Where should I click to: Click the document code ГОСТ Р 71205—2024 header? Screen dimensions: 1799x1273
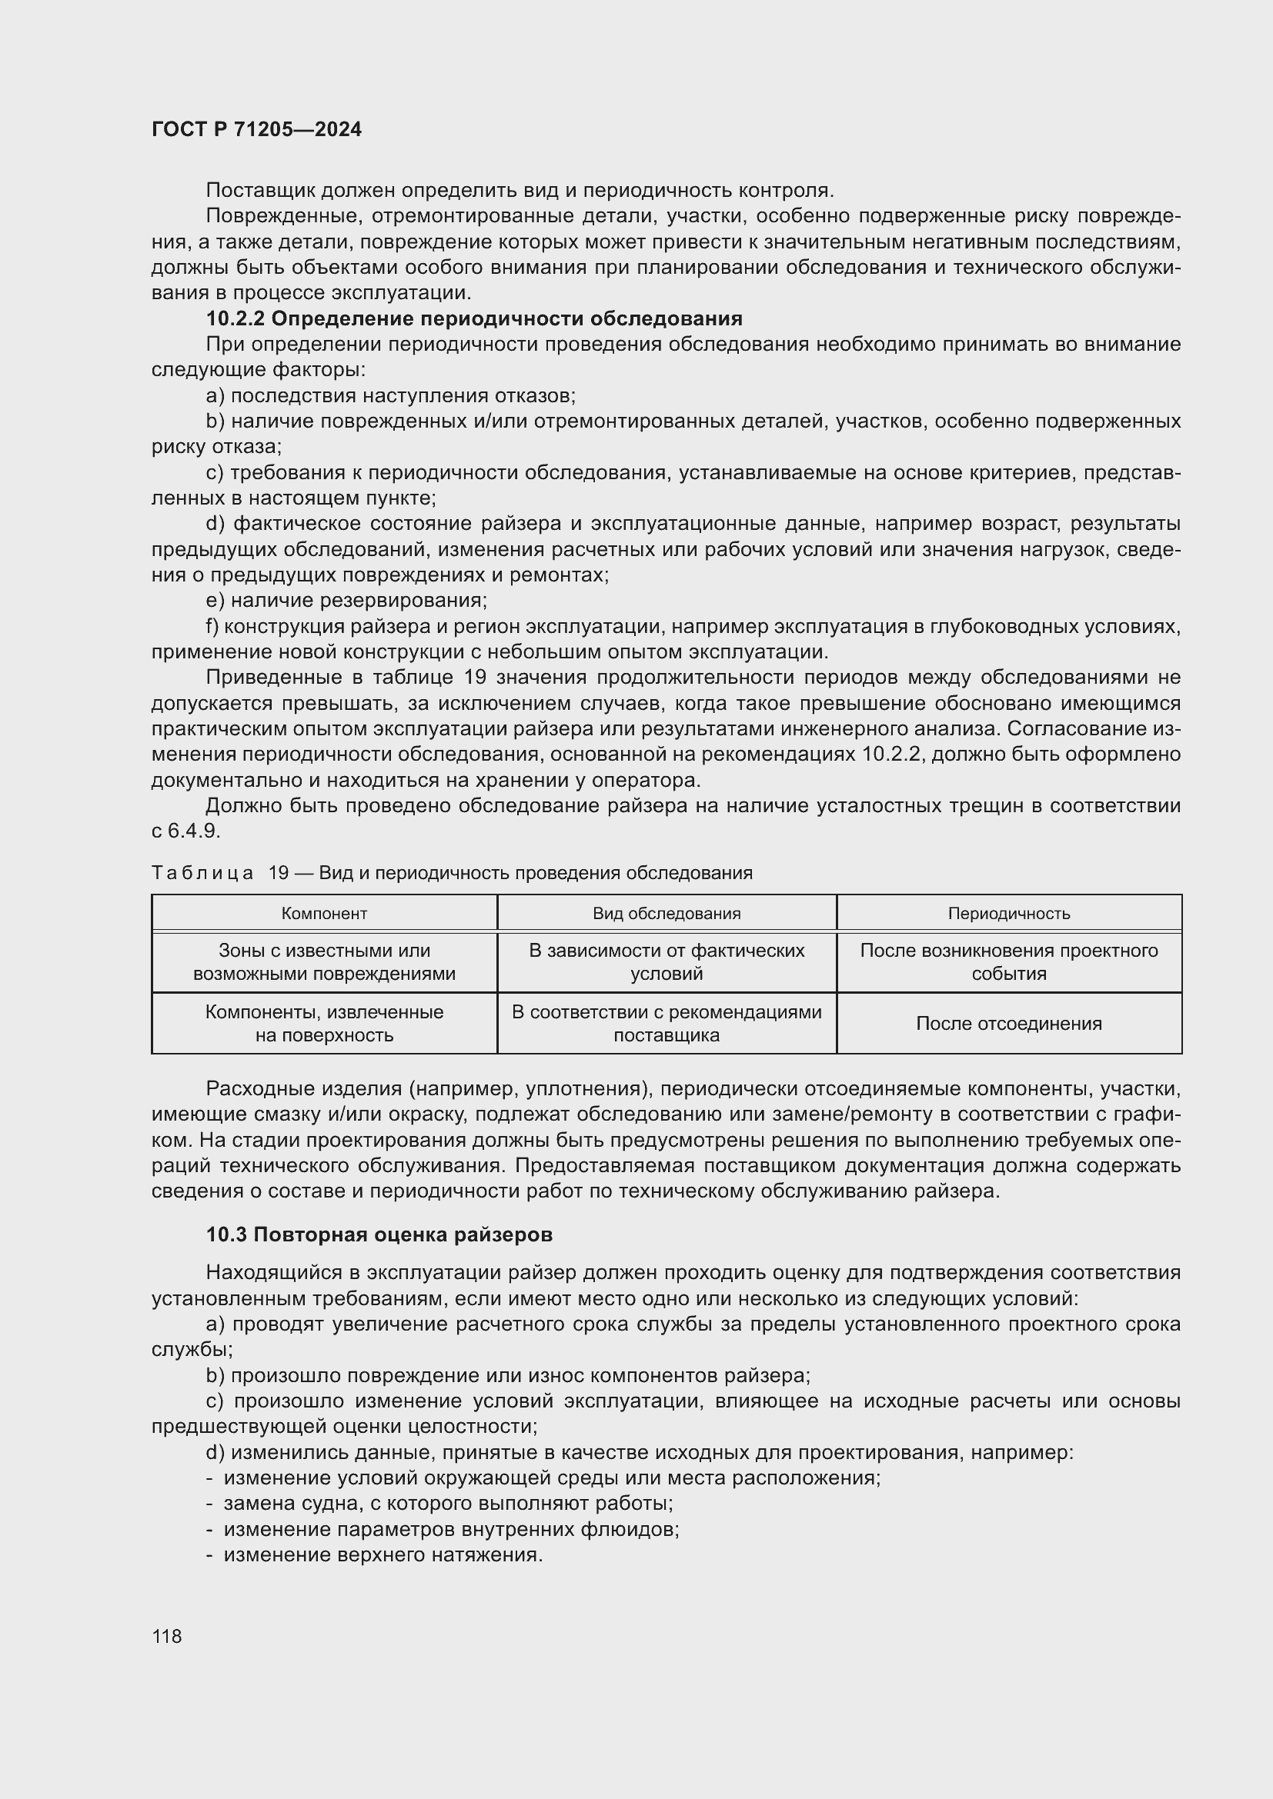click(x=256, y=130)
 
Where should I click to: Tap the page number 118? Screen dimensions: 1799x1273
click(x=166, y=1636)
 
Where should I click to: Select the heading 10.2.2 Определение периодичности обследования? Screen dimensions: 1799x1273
click(x=473, y=319)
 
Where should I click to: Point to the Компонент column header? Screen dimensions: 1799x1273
click(x=324, y=914)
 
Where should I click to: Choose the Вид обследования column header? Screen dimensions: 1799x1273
click(x=667, y=914)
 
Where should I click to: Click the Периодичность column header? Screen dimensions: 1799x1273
click(x=1009, y=914)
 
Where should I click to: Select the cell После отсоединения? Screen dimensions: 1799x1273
click(x=1009, y=1023)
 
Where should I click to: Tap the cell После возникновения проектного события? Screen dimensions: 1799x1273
click(x=1009, y=962)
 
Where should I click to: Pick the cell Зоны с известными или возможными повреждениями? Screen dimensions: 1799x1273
click(x=324, y=962)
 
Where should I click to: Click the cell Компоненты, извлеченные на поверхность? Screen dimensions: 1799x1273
click(x=324, y=1023)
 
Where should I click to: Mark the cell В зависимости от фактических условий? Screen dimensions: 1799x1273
click(x=667, y=962)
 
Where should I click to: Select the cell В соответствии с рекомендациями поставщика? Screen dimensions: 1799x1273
click(x=667, y=1023)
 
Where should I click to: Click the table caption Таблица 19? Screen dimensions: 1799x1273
click(x=452, y=873)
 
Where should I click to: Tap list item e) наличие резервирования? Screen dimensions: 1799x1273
click(x=346, y=601)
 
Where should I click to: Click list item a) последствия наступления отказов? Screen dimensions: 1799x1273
click(x=390, y=395)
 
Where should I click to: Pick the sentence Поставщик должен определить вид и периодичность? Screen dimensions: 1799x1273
click(x=520, y=191)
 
